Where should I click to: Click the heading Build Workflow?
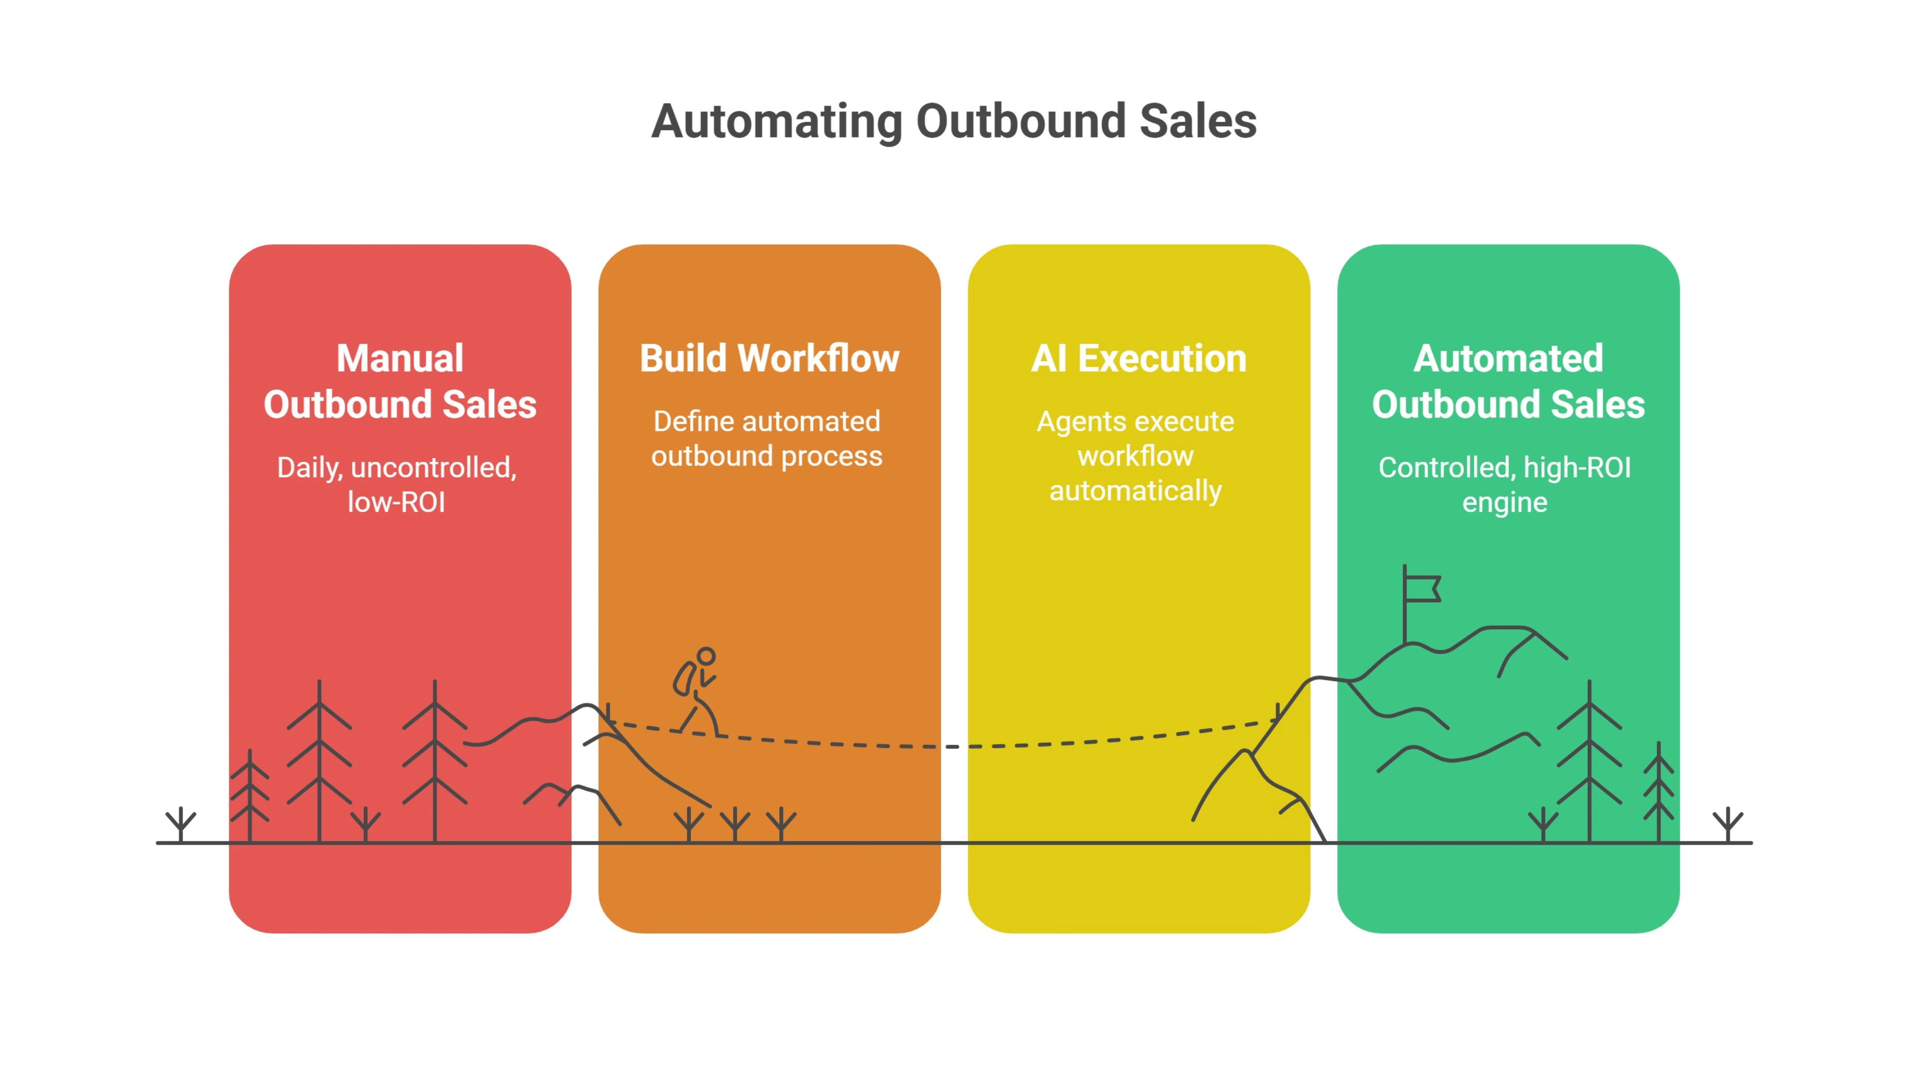click(x=769, y=359)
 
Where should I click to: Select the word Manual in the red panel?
click(x=400, y=359)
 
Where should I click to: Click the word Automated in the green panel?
click(x=1508, y=359)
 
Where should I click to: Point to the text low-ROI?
click(x=396, y=502)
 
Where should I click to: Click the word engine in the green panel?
click(x=1504, y=502)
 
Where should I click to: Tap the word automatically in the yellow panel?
click(x=1135, y=491)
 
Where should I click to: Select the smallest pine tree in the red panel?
click(x=250, y=797)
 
